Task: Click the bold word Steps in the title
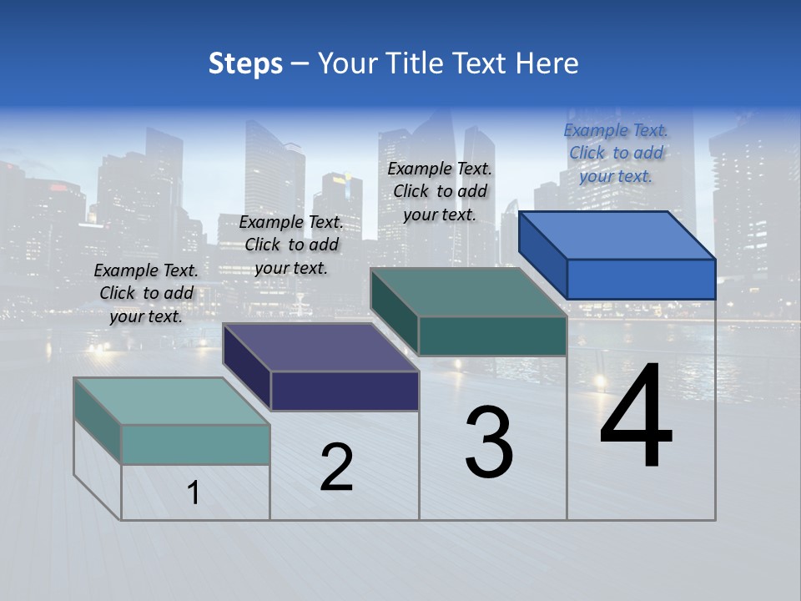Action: coord(245,63)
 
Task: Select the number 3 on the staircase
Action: coord(489,442)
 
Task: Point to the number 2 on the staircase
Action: coord(336,467)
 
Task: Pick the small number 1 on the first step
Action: coord(194,492)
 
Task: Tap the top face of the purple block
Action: coord(320,347)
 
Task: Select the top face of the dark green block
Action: coord(469,292)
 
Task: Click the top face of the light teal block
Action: coord(172,402)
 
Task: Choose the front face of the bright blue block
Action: coord(641,279)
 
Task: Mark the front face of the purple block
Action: coord(345,391)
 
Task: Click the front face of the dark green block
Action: coord(492,336)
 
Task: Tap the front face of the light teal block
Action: coord(195,444)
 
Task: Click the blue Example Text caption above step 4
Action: coord(617,154)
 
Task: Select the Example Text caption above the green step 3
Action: coord(440,192)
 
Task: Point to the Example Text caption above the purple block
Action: coord(291,245)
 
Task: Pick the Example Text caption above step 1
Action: coord(146,294)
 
